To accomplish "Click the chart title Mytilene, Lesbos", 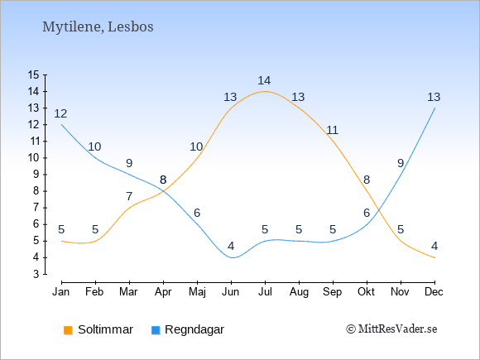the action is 98,27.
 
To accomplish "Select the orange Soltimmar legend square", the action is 68,330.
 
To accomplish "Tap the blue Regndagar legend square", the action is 156,330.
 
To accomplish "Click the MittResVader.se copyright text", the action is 391,329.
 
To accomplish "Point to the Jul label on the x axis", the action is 265,292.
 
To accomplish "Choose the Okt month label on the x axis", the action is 366,292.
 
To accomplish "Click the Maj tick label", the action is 197,292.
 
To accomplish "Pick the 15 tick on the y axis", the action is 33,74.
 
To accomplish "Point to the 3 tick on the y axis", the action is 36,274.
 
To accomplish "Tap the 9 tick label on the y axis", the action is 36,175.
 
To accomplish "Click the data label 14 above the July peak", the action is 264,80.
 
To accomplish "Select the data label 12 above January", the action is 60,113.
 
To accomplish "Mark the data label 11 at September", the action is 332,130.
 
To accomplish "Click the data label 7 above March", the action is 129,196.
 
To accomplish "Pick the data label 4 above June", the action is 231,246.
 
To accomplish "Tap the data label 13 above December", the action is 434,97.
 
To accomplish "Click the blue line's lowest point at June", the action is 233,257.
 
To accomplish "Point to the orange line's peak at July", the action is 265,91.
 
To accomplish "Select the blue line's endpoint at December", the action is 434,108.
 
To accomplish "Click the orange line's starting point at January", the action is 62,241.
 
